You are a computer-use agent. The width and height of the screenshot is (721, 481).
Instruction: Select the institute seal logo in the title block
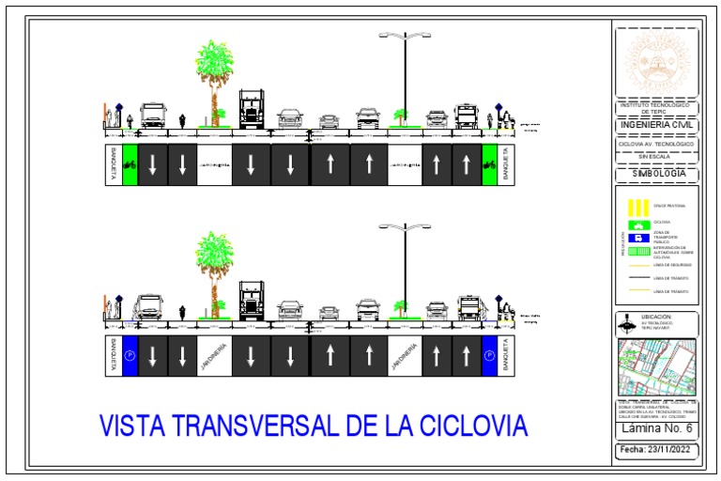[656, 63]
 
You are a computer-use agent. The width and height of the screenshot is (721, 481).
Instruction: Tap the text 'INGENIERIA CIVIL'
[657, 125]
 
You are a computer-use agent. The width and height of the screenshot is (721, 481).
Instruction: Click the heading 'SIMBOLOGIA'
[657, 174]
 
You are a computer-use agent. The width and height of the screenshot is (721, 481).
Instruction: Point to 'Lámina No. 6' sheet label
[657, 428]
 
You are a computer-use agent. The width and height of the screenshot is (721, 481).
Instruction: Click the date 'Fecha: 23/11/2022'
[657, 451]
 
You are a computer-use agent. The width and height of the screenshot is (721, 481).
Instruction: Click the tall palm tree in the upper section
[215, 75]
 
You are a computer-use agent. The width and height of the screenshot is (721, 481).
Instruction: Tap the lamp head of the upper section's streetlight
[405, 36]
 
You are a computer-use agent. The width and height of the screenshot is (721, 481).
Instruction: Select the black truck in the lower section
[252, 301]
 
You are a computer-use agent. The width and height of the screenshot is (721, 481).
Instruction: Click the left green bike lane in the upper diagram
[130, 164]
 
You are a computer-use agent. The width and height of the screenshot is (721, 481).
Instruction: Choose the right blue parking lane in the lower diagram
[488, 356]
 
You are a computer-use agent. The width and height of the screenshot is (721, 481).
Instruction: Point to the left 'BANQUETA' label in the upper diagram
[113, 164]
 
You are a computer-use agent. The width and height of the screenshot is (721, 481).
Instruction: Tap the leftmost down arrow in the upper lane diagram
[153, 164]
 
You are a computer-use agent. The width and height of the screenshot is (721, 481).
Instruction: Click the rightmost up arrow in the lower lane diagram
[466, 356]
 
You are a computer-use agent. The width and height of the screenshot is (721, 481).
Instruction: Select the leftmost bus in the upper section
[152, 116]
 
